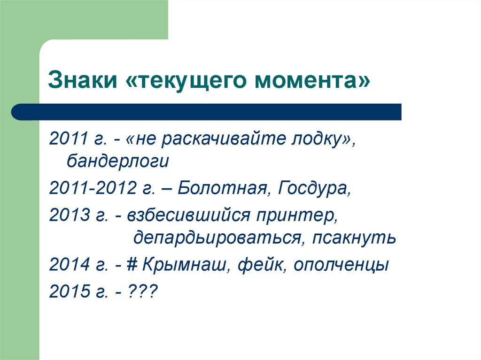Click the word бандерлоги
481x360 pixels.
pyautogui.click(x=117, y=161)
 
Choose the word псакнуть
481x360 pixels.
pyautogui.click(x=354, y=238)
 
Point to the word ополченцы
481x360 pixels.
pyautogui.click(x=341, y=265)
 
